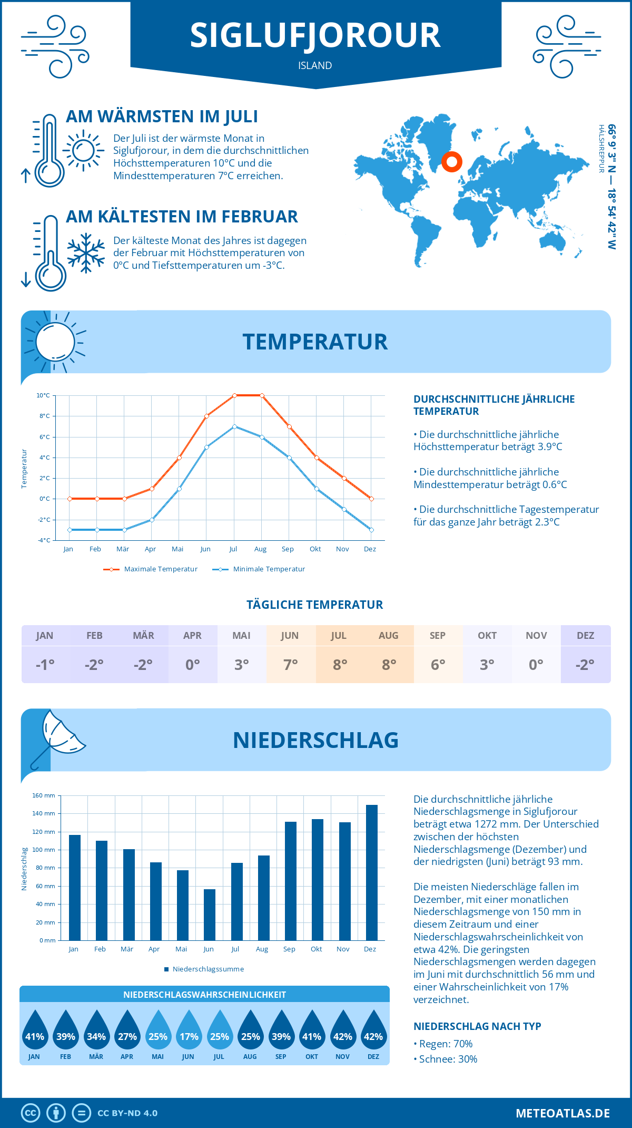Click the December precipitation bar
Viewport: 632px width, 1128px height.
click(x=372, y=872)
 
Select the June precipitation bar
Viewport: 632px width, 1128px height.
click(x=210, y=915)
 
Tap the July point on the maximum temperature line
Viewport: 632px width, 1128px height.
click(x=234, y=395)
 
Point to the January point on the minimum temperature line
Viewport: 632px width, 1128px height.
click(x=70, y=530)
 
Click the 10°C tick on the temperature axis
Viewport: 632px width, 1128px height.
click(x=43, y=395)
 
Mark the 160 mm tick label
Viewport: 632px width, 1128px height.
click(x=44, y=795)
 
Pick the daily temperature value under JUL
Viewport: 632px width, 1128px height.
click(x=340, y=665)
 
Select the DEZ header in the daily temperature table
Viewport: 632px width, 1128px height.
click(x=586, y=635)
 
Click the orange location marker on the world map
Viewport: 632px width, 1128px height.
click(x=451, y=161)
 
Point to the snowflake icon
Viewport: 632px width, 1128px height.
click(x=86, y=253)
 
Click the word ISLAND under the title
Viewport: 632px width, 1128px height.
click(x=315, y=65)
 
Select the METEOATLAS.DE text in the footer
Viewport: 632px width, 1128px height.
click(x=562, y=1113)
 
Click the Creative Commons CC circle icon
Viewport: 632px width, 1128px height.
click(x=31, y=1113)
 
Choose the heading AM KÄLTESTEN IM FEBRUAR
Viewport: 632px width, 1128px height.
click(x=182, y=217)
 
